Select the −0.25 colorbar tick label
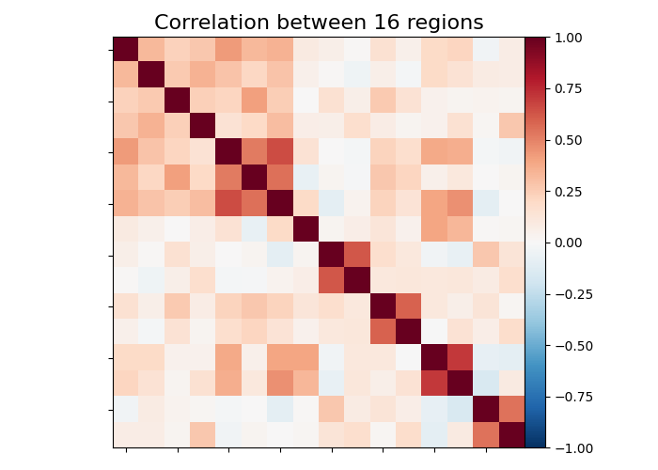[570, 293]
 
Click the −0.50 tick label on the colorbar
[570, 345]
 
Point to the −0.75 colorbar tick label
[570, 396]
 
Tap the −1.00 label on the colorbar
[570, 447]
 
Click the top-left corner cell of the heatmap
[126, 50]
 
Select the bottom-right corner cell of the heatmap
[511, 434]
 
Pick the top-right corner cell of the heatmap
[511, 50]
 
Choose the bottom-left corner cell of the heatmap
[126, 434]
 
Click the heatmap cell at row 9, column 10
[357, 255]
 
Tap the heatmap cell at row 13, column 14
[460, 357]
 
